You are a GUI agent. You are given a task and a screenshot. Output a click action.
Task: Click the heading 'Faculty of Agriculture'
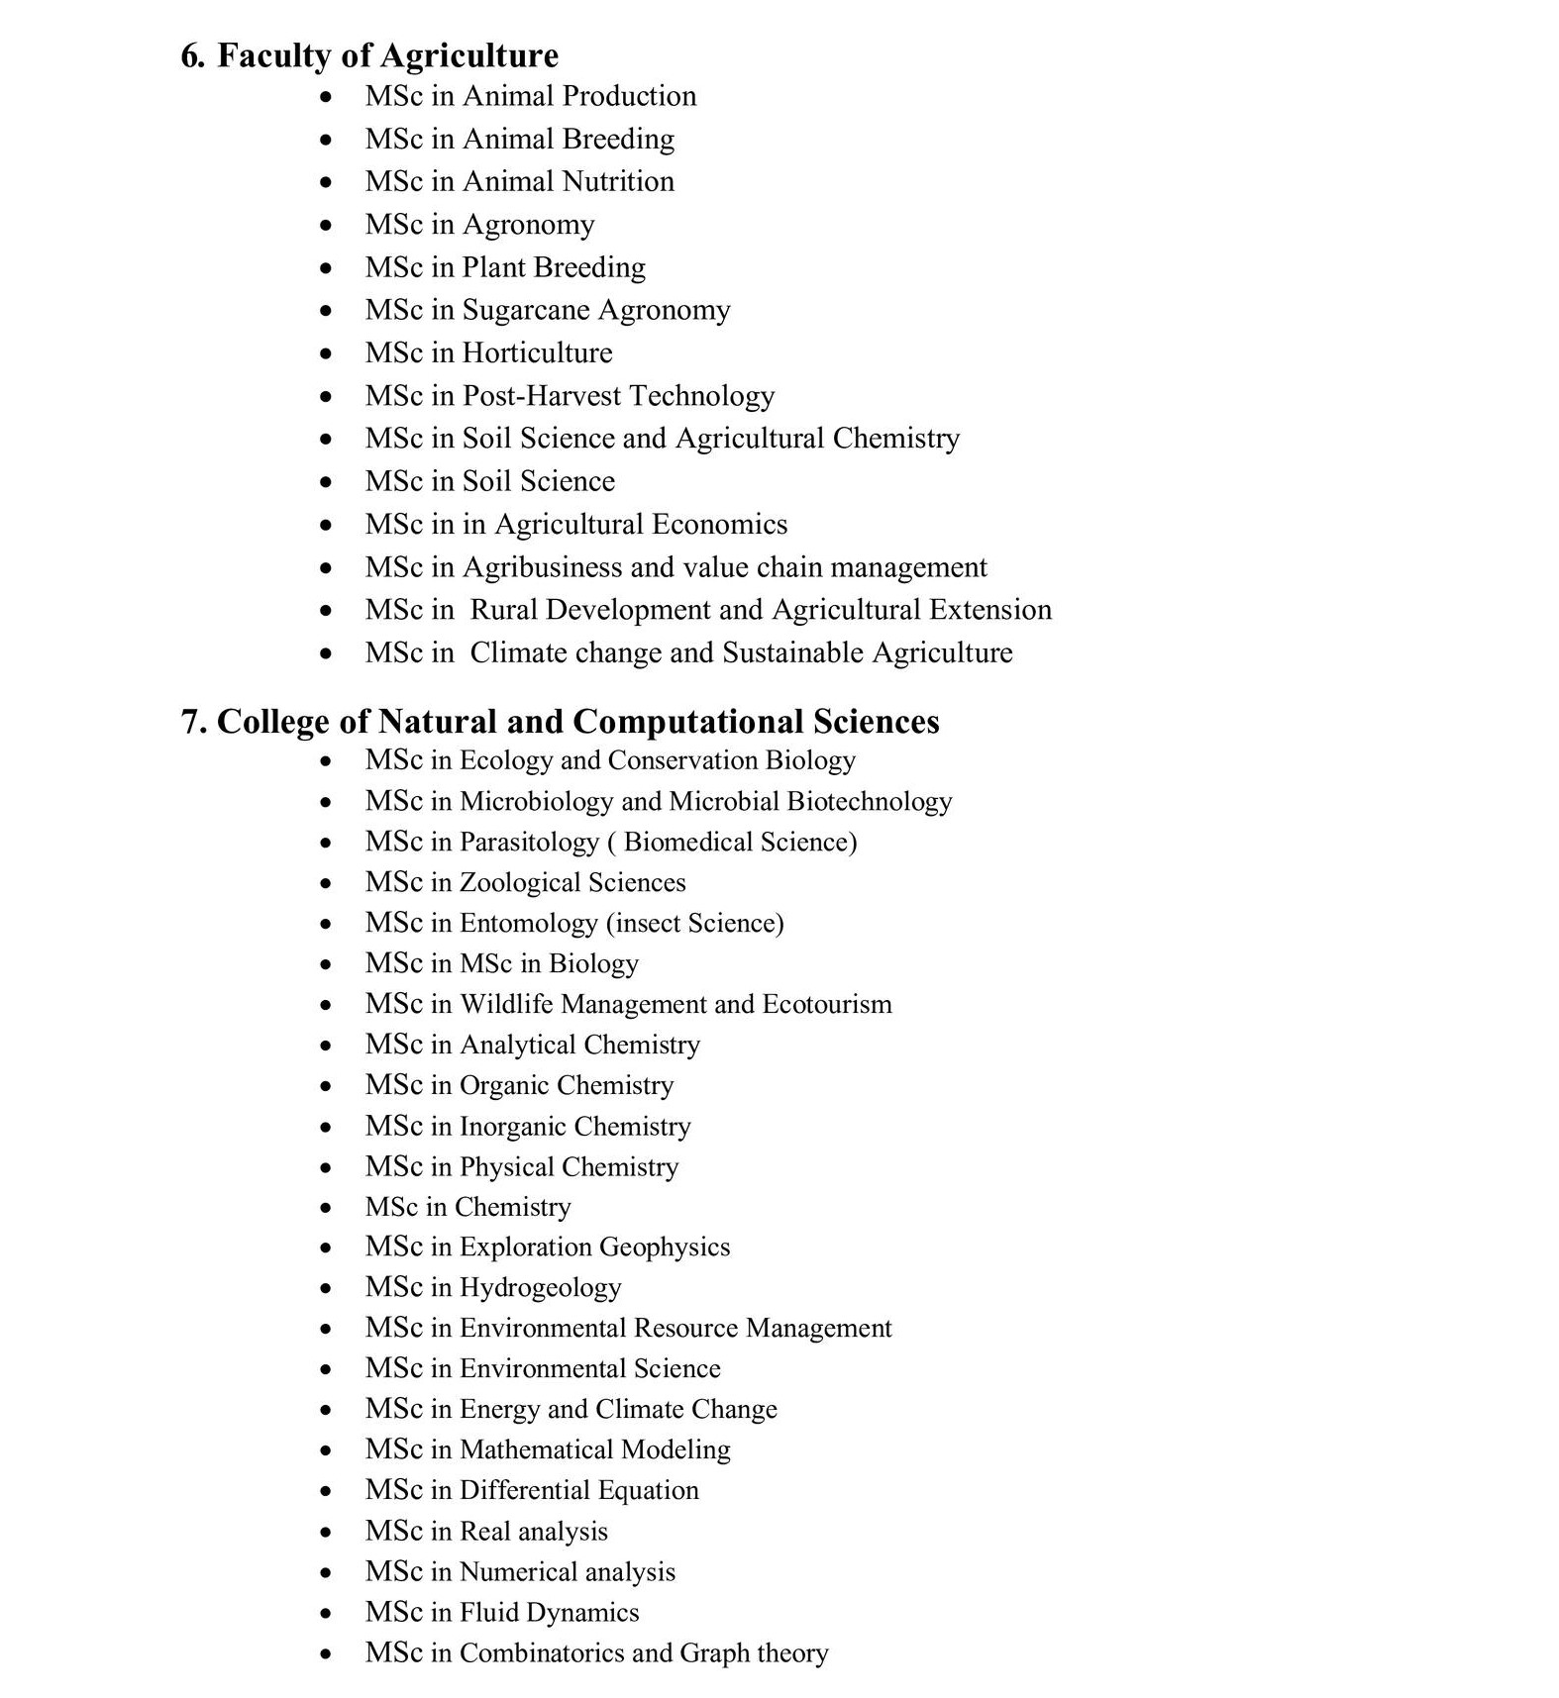point(387,55)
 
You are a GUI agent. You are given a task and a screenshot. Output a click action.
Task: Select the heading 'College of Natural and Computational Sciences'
point(577,722)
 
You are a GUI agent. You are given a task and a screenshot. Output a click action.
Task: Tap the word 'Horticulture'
point(537,352)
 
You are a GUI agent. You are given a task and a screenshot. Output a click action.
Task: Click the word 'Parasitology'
point(530,842)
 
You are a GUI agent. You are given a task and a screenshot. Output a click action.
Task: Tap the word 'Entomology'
point(529,923)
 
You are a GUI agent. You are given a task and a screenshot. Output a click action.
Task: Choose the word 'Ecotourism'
point(827,1004)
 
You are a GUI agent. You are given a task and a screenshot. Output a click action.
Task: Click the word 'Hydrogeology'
point(541,1287)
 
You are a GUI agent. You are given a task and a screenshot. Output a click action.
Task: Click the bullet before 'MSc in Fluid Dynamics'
point(326,1614)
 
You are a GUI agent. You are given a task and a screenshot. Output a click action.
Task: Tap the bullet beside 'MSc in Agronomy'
point(326,226)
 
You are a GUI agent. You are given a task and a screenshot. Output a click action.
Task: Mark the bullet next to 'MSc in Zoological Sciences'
point(326,883)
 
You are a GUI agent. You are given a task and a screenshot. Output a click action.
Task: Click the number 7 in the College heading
point(190,722)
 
